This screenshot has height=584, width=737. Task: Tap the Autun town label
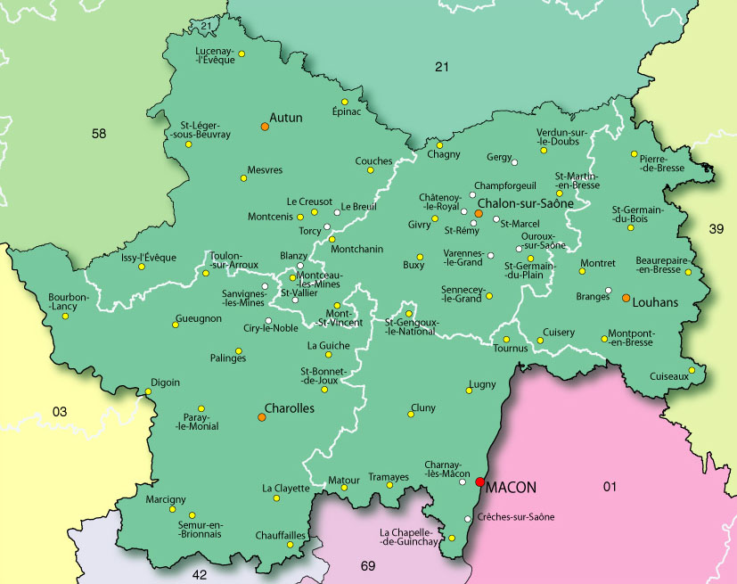[286, 117]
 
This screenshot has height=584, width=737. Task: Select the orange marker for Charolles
[262, 416]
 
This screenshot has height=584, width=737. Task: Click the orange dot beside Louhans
[626, 297]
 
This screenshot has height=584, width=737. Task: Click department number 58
[99, 134]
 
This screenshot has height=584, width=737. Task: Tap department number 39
[715, 229]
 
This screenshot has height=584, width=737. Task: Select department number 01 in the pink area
[610, 486]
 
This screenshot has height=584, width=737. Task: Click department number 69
[368, 566]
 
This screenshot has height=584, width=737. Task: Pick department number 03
[60, 412]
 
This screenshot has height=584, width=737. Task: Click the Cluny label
[423, 408]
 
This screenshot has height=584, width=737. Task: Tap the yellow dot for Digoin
[148, 391]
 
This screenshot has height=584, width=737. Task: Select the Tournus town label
[511, 349]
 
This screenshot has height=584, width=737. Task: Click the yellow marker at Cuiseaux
[692, 370]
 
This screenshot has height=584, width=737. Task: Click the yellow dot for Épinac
[344, 101]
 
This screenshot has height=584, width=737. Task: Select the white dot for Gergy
[514, 161]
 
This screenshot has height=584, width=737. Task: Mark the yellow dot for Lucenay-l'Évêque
[242, 53]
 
